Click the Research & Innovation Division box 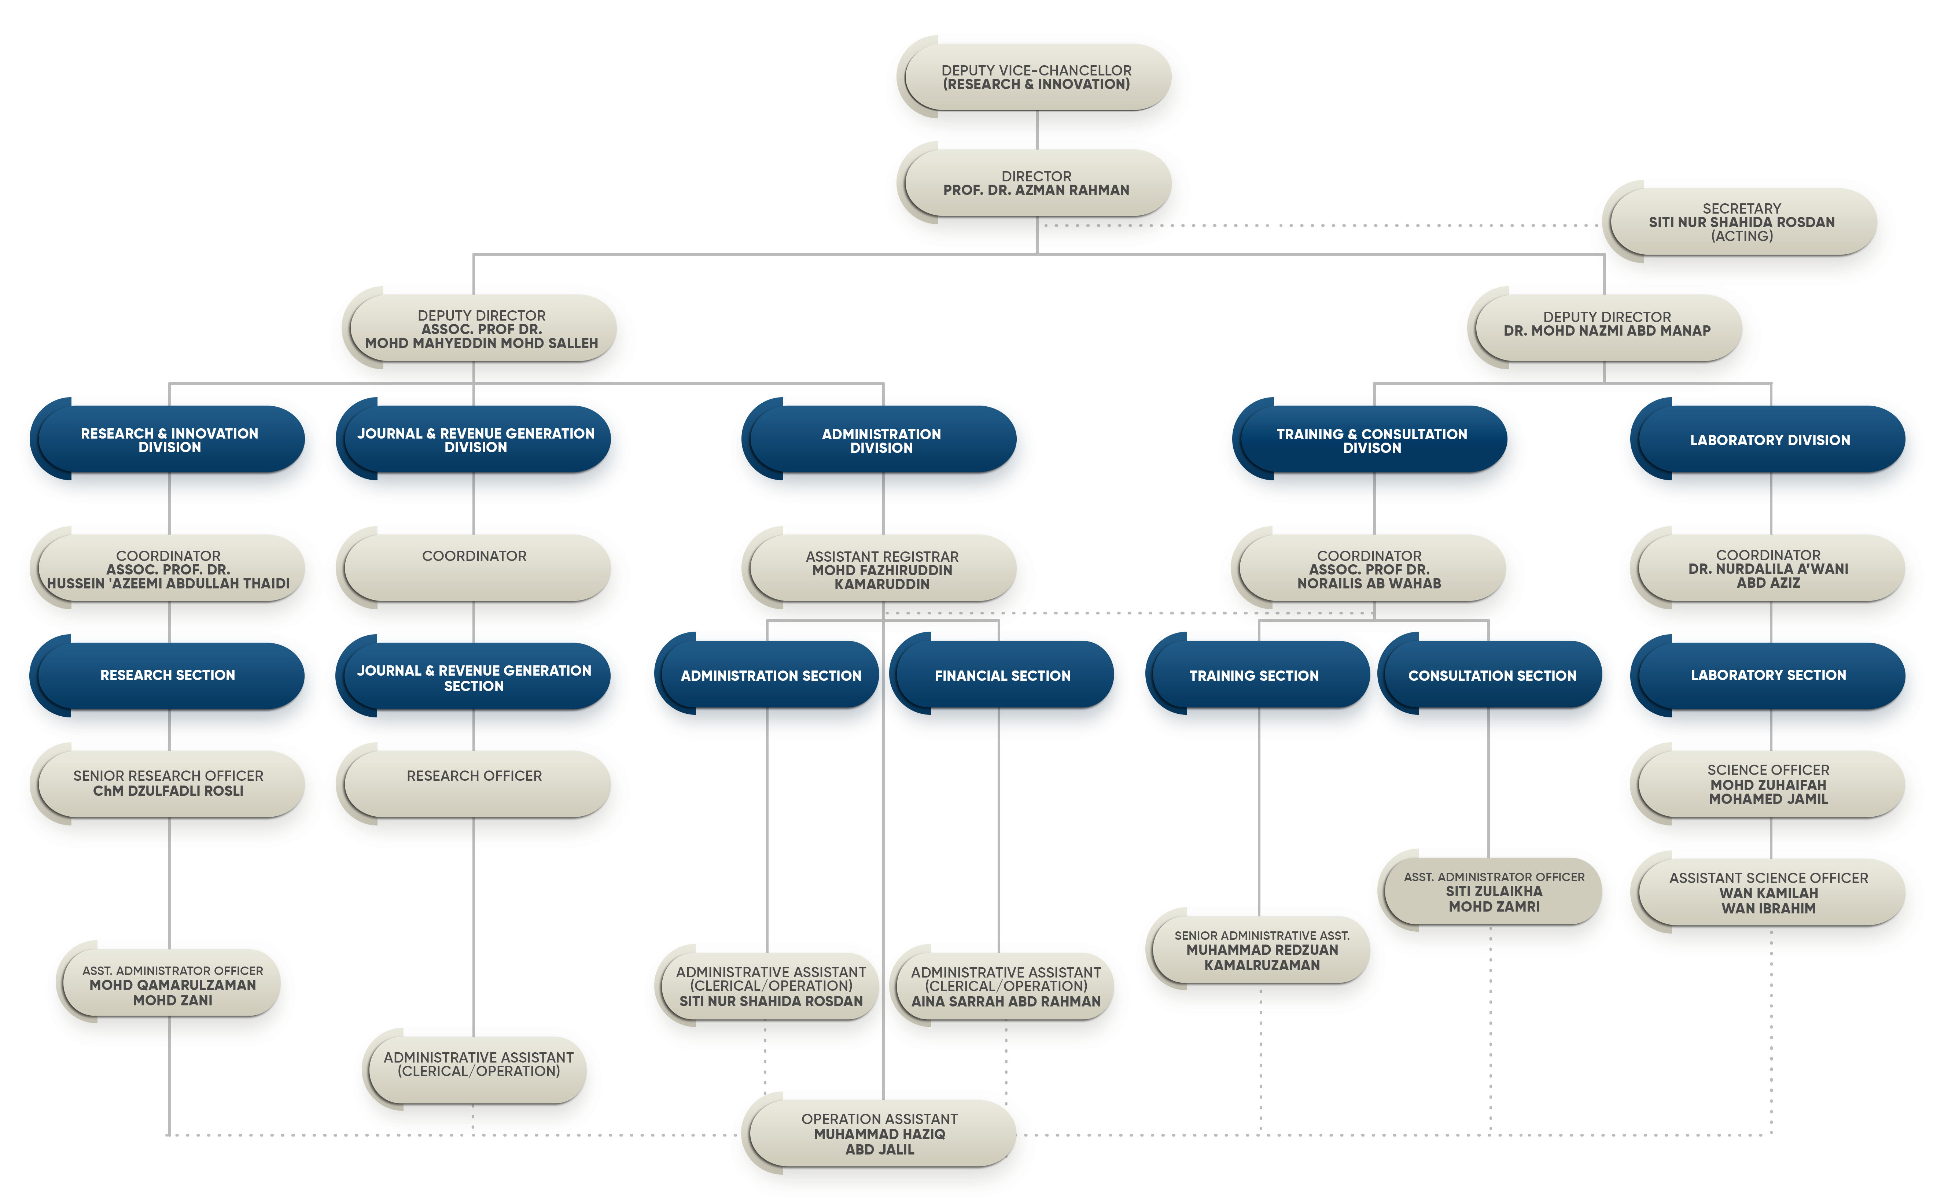tap(169, 440)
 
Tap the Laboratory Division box tap(1770, 440)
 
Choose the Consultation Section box tap(1492, 675)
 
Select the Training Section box tap(1253, 675)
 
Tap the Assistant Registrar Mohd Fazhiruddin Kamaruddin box tap(881, 570)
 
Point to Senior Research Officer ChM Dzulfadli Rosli tap(168, 783)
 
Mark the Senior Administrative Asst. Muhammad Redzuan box tap(1262, 950)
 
